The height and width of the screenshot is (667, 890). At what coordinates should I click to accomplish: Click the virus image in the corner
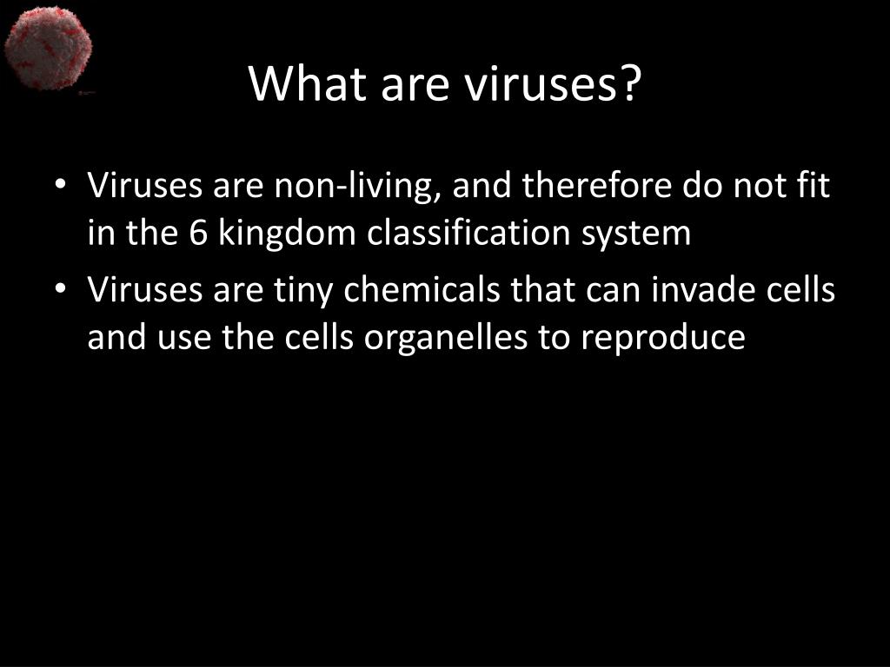tap(48, 49)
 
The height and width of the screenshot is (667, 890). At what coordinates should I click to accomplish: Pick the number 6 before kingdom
tap(198, 233)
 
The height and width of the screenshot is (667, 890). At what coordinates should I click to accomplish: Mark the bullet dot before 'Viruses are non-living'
tap(60, 185)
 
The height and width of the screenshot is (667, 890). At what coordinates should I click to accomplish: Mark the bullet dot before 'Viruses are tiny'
tap(60, 288)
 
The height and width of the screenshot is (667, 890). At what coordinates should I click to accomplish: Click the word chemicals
tap(422, 288)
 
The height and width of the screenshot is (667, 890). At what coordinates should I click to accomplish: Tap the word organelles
tap(446, 339)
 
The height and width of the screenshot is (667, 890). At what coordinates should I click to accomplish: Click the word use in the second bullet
tap(184, 340)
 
